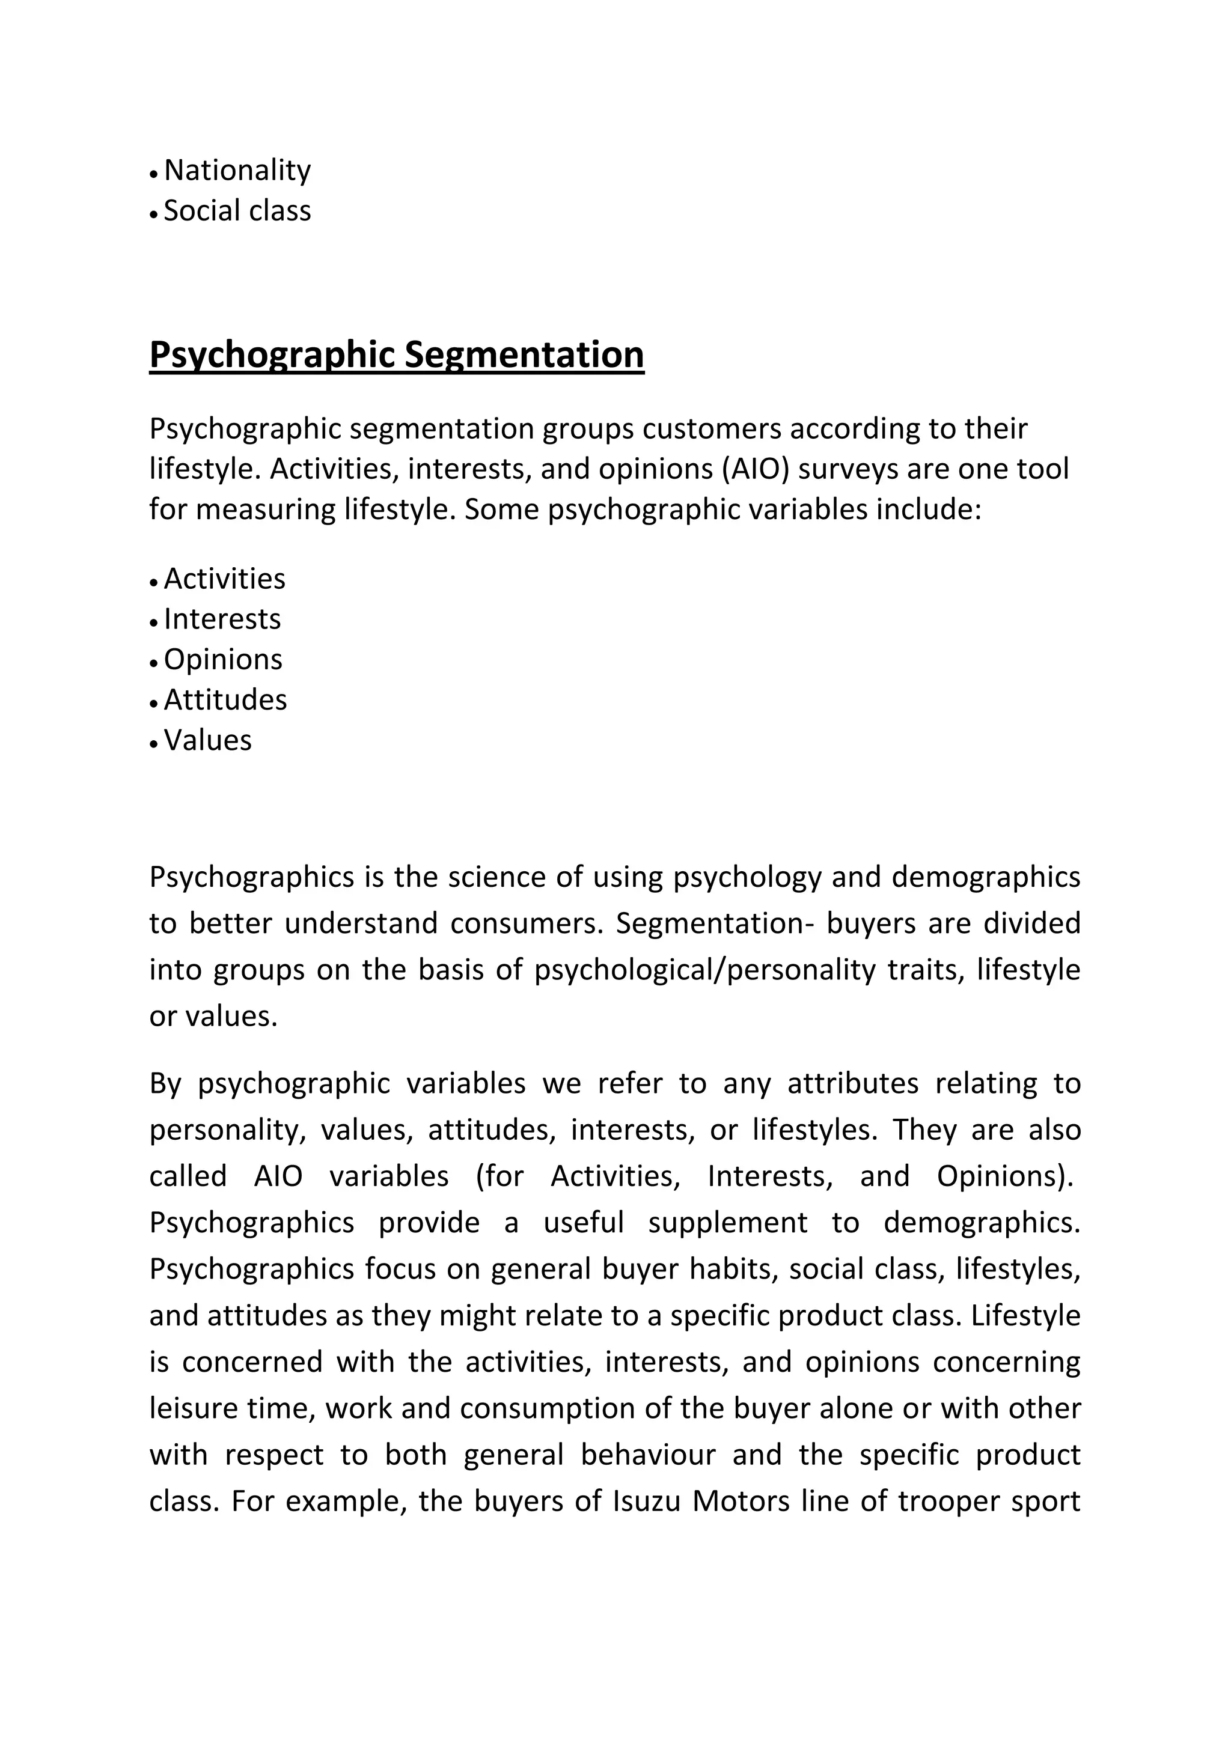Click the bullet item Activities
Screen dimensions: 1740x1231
(x=224, y=579)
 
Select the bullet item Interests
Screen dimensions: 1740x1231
(x=222, y=619)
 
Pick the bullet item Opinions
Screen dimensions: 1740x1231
(x=223, y=659)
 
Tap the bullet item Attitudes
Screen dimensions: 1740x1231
(x=225, y=699)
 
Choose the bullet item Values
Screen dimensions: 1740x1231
(x=208, y=740)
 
